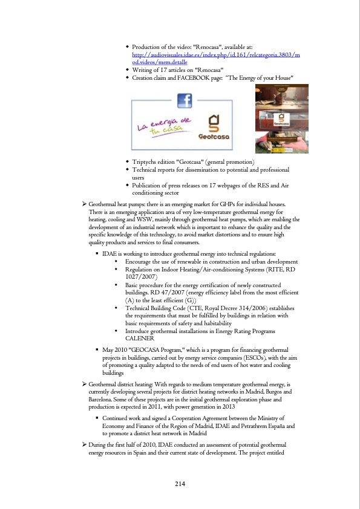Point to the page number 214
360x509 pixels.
coord(180,483)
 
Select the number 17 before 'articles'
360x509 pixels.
coord(159,70)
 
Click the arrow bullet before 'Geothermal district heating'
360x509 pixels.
coord(84,384)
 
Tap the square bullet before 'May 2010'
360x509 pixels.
coord(97,350)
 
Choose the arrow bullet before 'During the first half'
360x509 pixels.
coord(84,444)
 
